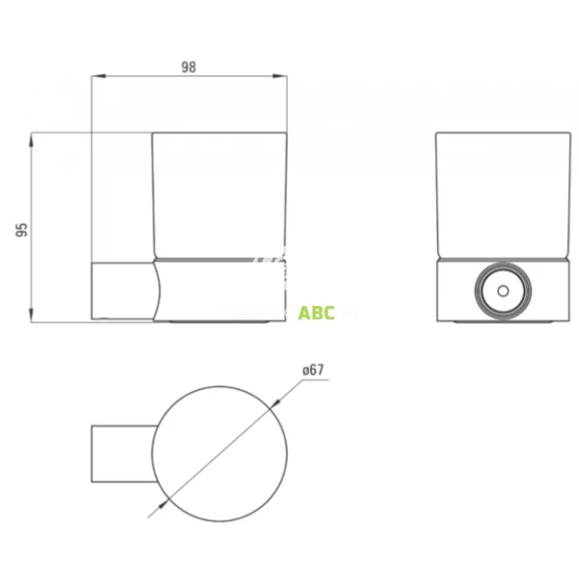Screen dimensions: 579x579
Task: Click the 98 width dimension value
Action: [188, 67]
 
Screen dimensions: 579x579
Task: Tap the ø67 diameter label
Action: [316, 370]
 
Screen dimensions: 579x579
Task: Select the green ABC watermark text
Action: [317, 313]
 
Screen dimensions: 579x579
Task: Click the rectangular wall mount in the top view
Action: [121, 453]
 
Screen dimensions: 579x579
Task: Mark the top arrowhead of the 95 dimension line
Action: [34, 136]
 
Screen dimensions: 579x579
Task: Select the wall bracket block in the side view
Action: [121, 290]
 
